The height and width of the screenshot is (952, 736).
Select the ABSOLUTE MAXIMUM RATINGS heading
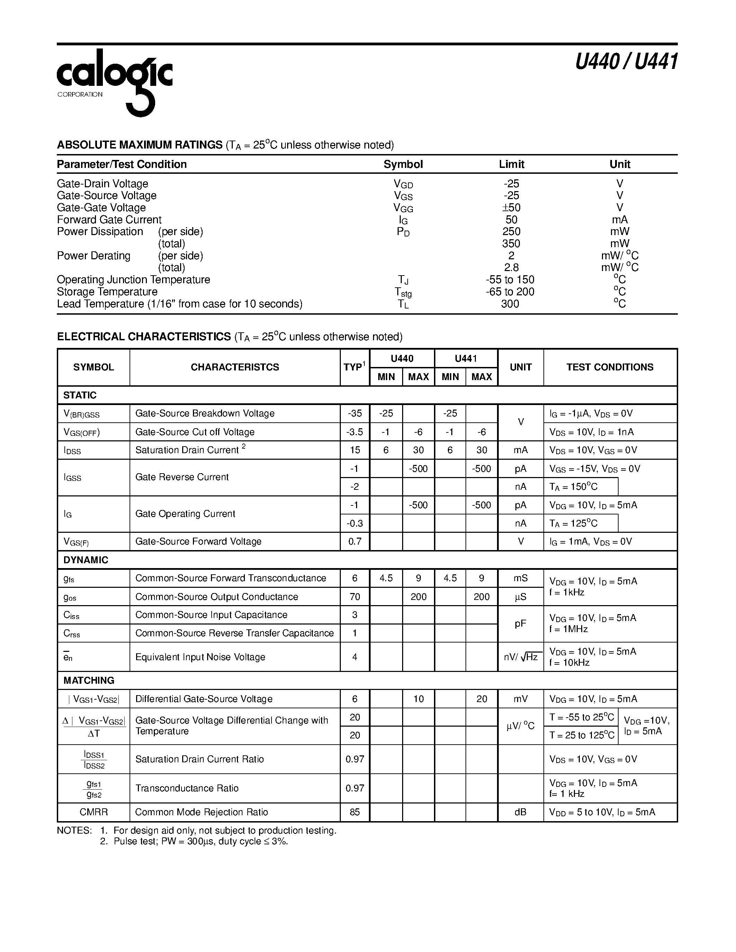[x=140, y=145]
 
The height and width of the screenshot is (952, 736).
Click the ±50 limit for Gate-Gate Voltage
[x=511, y=207]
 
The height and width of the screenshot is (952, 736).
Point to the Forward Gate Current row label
[x=109, y=220]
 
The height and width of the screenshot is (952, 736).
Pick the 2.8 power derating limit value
[x=511, y=268]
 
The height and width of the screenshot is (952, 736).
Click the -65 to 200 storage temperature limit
[x=510, y=291]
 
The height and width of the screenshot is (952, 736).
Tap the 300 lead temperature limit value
[x=510, y=304]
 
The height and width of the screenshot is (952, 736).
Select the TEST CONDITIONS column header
[x=610, y=367]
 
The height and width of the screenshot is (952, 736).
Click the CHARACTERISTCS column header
[x=234, y=367]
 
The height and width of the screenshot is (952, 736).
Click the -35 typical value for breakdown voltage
[x=355, y=413]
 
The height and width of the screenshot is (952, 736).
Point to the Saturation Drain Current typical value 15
[x=355, y=450]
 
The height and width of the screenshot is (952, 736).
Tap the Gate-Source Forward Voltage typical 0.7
[x=355, y=541]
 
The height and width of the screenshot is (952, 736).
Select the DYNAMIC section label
[x=86, y=560]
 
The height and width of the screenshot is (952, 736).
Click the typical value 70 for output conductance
[x=355, y=596]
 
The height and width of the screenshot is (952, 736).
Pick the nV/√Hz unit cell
[x=521, y=657]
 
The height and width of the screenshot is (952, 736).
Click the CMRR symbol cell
[x=93, y=812]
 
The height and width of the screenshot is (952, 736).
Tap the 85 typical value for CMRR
[x=355, y=812]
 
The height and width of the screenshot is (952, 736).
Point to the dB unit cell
[x=521, y=812]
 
